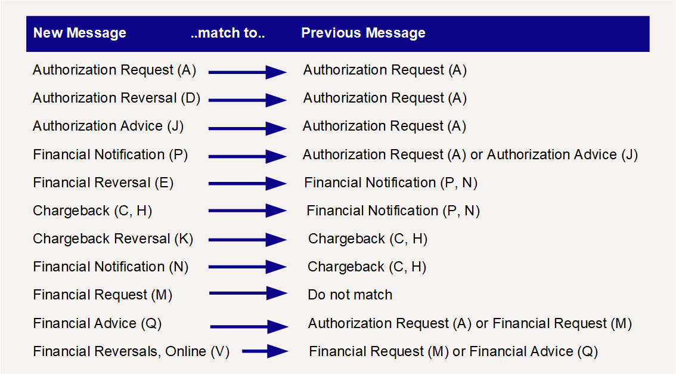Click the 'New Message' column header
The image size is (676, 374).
point(80,33)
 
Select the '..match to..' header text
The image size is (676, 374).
point(228,33)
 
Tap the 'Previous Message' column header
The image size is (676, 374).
point(364,33)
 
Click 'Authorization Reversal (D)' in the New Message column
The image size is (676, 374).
point(117,98)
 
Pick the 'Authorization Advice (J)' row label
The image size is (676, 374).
point(108,126)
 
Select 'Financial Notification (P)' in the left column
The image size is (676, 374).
point(110,155)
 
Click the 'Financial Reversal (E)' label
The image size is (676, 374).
point(104,183)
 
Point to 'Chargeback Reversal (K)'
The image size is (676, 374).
point(113,239)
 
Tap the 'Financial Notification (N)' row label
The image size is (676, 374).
point(111,267)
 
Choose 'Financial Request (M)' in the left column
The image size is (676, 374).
point(103,295)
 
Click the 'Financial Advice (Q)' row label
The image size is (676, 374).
point(97,323)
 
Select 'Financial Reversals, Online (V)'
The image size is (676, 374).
point(132,351)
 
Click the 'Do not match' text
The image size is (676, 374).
point(350,295)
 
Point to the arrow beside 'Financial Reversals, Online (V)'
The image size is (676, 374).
point(265,351)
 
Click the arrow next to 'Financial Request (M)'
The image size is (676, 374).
point(249,293)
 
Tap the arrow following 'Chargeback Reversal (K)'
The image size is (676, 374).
point(248,240)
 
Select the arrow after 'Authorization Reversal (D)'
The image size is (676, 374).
point(248,100)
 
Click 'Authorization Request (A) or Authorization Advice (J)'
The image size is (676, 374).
point(470,155)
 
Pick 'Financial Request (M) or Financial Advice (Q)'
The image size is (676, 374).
point(454,351)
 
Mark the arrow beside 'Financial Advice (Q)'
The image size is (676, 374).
point(249,326)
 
